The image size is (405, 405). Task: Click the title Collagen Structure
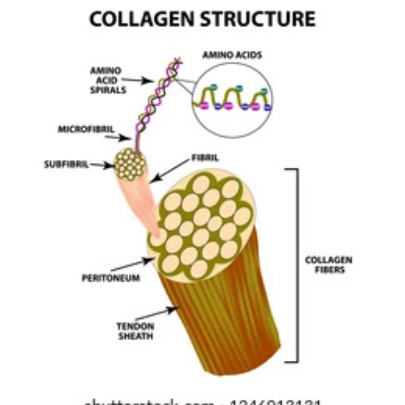pos(202,19)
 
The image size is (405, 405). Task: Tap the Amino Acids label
pos(232,55)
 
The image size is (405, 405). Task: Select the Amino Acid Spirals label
pos(108,80)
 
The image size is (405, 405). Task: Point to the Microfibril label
pos(86,129)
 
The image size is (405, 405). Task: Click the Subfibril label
pos(66,165)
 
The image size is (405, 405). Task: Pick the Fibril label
pos(205,158)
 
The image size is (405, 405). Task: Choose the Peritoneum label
pos(111,278)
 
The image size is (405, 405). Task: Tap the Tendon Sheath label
pos(135,331)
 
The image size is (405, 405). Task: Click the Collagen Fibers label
pos(328,265)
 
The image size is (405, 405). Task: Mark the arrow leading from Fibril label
pos(170,171)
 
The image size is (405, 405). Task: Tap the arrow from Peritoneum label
pos(132,265)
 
